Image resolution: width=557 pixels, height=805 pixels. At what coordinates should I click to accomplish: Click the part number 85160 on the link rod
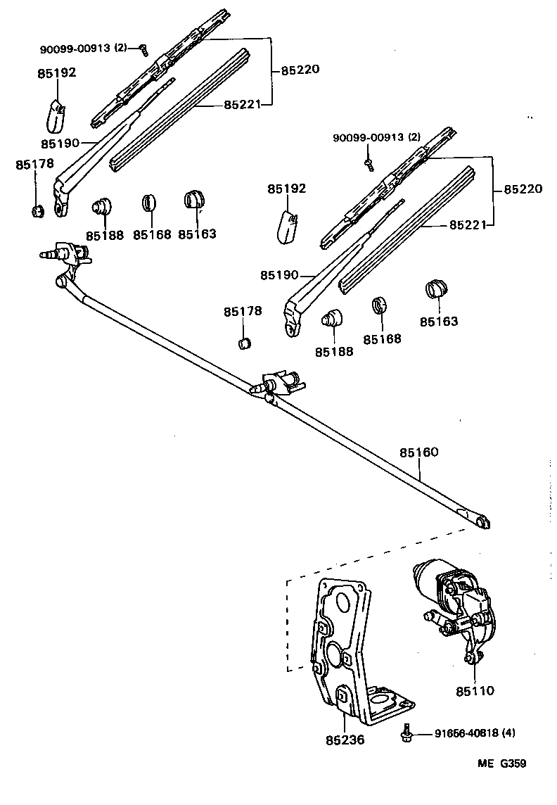click(419, 452)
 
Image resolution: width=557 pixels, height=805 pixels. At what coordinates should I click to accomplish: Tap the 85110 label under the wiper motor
click(475, 691)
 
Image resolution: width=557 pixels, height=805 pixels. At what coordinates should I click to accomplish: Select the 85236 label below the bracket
click(345, 740)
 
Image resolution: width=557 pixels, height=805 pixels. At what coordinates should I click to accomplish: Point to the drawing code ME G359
click(502, 763)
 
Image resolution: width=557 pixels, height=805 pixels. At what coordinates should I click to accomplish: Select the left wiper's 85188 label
click(104, 235)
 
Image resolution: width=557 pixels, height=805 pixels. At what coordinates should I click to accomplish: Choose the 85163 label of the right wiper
click(439, 321)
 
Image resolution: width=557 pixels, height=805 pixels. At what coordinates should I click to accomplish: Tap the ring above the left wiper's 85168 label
click(148, 202)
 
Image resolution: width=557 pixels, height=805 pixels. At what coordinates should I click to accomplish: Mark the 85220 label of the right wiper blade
click(523, 189)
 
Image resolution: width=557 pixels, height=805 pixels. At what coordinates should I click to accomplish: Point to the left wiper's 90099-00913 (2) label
click(84, 49)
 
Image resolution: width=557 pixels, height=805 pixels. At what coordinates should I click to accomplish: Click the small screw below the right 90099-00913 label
click(368, 164)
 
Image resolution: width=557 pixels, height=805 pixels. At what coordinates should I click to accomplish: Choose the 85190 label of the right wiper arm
click(279, 274)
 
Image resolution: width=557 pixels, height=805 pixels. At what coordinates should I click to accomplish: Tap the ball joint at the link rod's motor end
click(481, 521)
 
